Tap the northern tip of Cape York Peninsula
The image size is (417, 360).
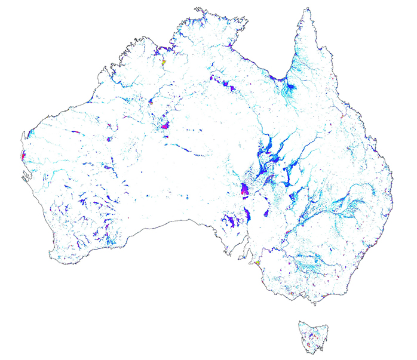[306, 10]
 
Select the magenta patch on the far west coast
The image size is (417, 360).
[23, 156]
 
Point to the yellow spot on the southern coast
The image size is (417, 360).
[256, 262]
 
